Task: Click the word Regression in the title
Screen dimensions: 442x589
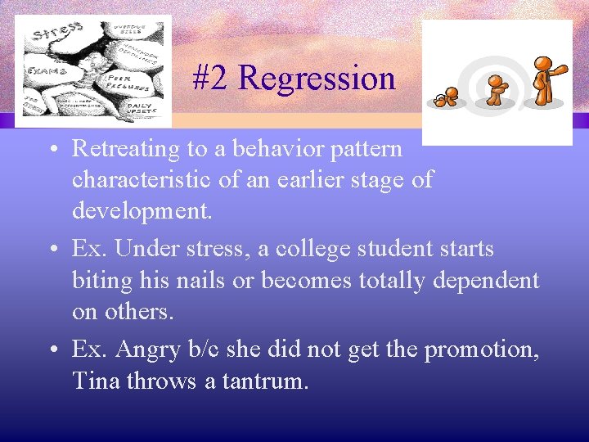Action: (x=317, y=79)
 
